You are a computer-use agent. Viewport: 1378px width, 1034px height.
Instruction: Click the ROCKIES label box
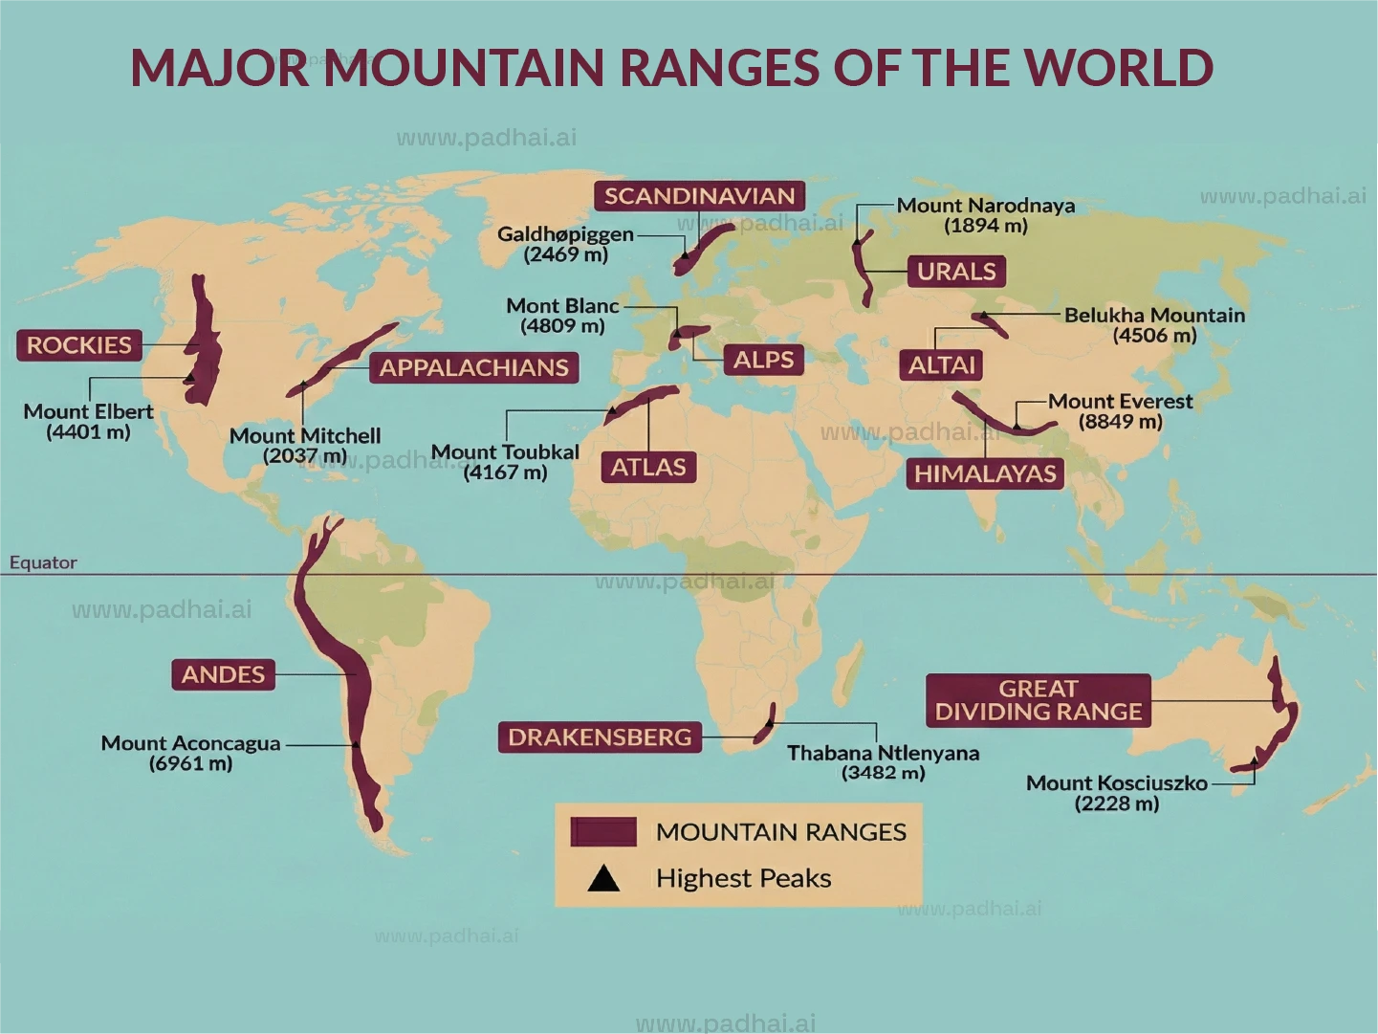pos(79,345)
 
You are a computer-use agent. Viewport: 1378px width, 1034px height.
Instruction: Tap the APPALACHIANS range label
pos(474,368)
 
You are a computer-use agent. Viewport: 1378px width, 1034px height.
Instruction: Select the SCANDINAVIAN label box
pos(699,196)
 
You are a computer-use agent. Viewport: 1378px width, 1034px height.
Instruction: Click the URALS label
pos(956,272)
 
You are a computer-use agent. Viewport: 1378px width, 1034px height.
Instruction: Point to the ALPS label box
pos(763,361)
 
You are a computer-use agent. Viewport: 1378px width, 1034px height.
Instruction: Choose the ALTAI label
pos(941,365)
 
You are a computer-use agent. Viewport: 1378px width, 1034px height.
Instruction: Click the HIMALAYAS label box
pos(985,473)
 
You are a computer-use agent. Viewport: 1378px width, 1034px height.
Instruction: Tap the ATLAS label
pos(648,468)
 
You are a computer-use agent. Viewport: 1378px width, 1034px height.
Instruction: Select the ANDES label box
pos(223,675)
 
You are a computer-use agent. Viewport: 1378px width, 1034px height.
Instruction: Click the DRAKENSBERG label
pos(600,737)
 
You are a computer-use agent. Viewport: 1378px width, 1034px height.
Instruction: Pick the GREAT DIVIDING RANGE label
pos(1039,700)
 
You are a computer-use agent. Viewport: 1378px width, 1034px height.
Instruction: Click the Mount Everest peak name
pos(1120,402)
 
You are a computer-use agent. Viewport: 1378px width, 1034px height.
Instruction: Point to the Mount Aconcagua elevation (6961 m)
pos(190,764)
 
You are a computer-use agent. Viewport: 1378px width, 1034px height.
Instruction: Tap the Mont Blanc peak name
pos(562,306)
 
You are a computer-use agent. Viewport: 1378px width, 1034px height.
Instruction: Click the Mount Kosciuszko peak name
pos(1116,783)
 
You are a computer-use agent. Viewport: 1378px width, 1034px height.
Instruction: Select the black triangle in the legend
pos(603,878)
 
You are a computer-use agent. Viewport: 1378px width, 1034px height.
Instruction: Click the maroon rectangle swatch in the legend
pos(603,832)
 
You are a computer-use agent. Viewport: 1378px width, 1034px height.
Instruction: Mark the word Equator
pos(43,562)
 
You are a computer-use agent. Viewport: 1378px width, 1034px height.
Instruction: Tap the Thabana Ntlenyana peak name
pos(883,754)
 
